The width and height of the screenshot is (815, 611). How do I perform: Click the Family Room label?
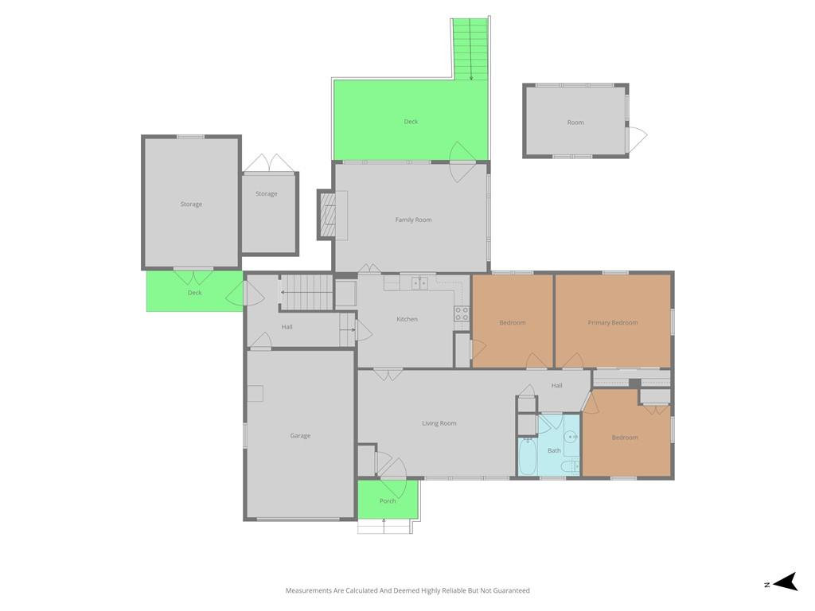pos(413,220)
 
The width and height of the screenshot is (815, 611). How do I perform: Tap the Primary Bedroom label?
pos(612,322)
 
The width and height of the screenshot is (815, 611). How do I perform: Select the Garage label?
pos(300,435)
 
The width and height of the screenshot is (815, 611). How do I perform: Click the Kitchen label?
pos(407,319)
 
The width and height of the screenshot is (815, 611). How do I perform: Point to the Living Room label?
pos(439,423)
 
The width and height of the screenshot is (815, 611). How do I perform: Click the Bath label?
pos(554,450)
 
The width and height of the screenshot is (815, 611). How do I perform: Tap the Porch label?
pos(388,500)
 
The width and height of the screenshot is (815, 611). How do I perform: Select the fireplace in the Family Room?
pos(328,215)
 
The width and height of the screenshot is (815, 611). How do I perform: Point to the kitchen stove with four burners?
pos(462,313)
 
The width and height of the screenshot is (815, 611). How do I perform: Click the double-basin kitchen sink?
pos(419,282)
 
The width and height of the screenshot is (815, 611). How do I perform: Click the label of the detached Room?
pos(575,123)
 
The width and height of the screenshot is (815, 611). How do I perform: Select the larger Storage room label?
pos(191,204)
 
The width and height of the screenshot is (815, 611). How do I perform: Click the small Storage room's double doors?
pos(270,164)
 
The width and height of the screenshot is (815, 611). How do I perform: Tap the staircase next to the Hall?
pos(307,291)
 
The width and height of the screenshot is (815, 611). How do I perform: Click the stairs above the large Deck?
pos(470,48)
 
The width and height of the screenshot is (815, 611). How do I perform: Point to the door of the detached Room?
pos(636,138)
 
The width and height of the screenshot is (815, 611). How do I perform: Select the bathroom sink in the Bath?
pos(572,437)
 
